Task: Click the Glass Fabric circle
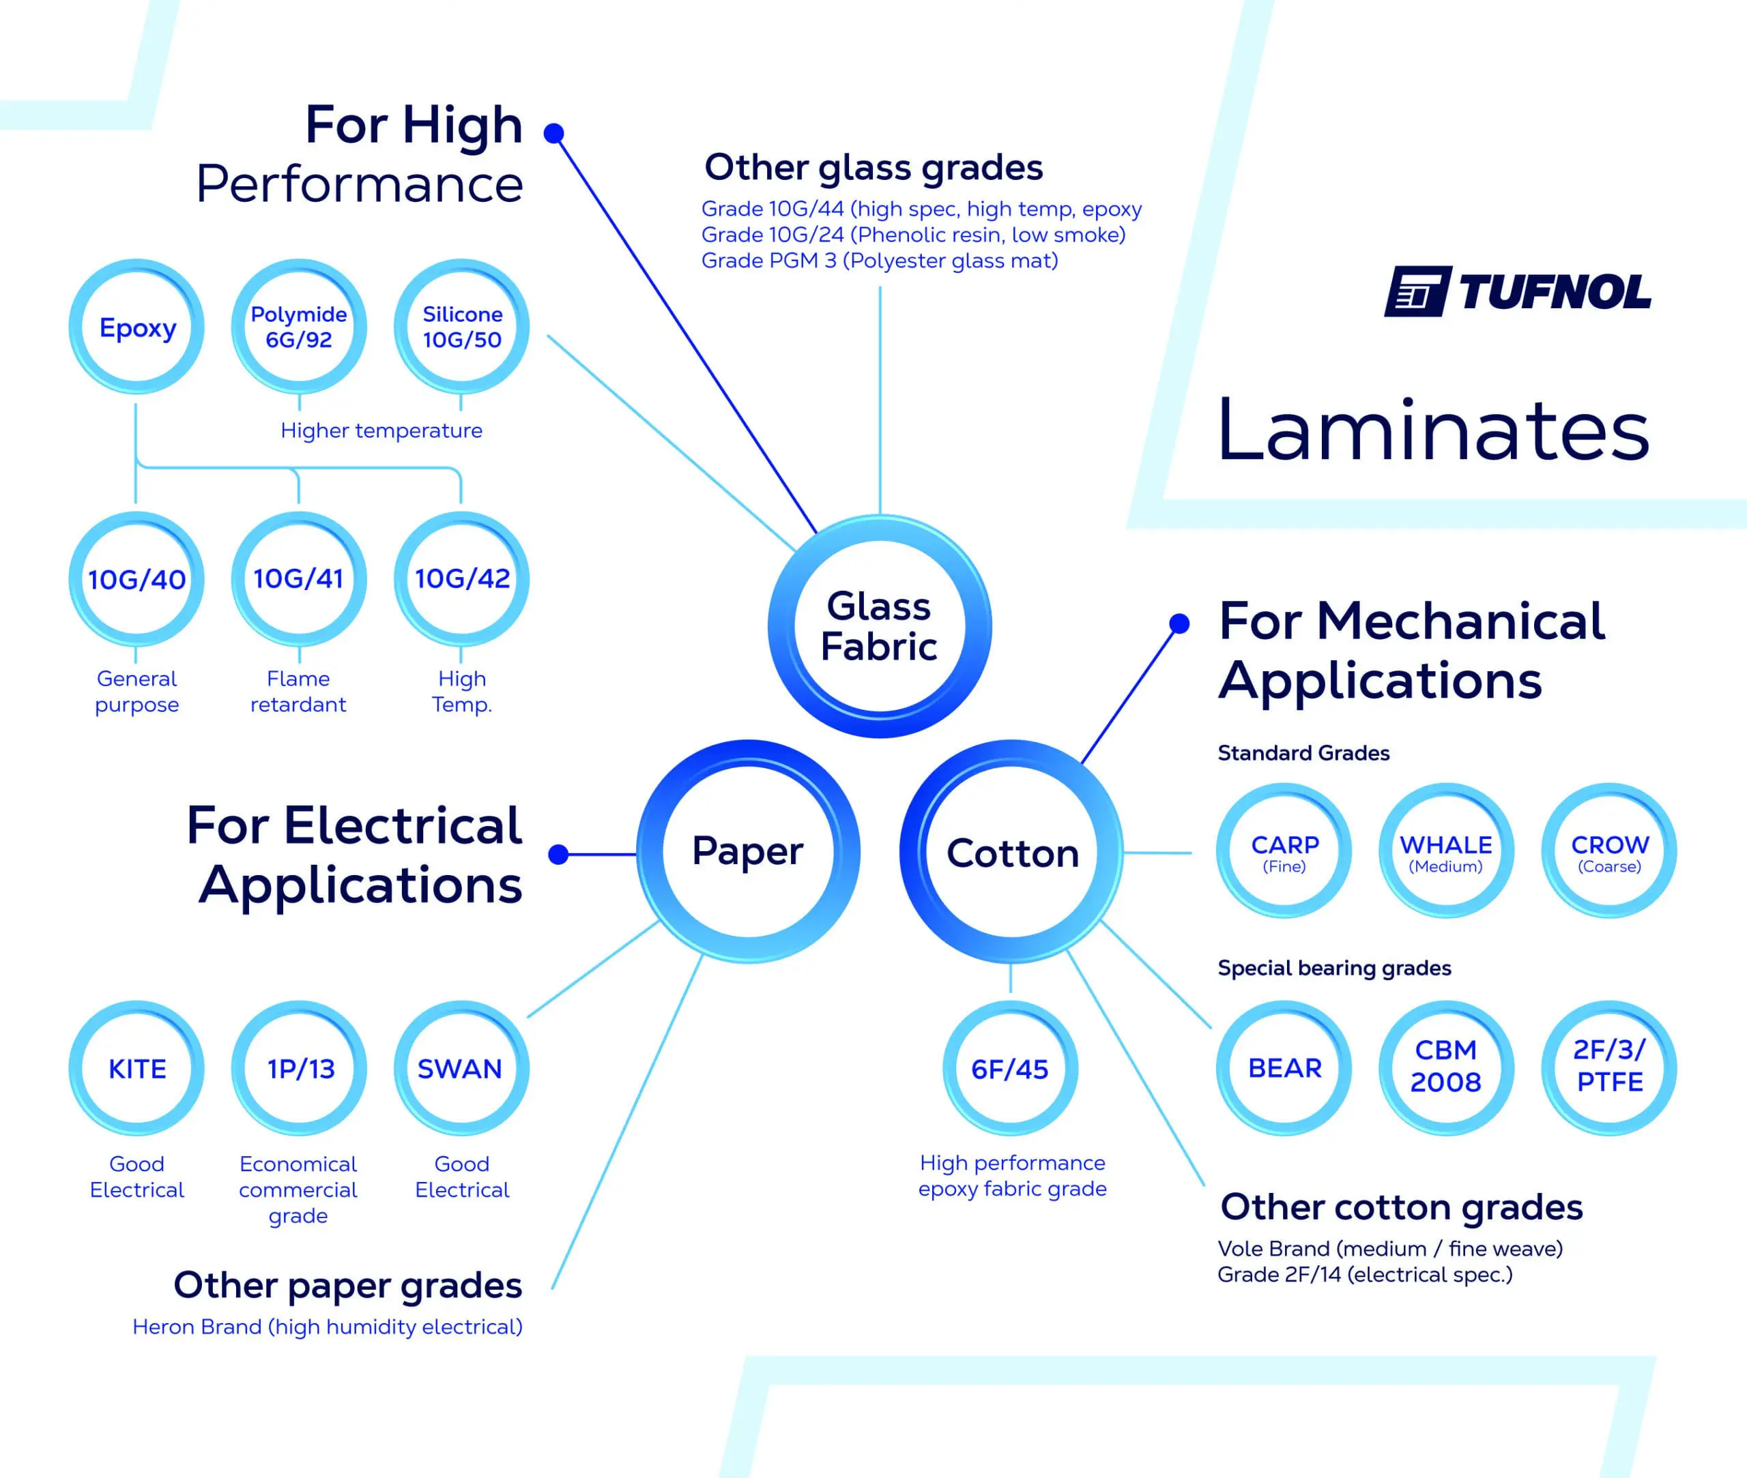click(x=880, y=626)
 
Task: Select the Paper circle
click(x=748, y=851)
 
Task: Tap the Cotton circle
click(x=1012, y=852)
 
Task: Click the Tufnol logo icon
click(x=1416, y=292)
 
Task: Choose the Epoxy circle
click(x=136, y=327)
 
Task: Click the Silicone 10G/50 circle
click(x=461, y=327)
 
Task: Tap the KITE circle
click(x=136, y=1068)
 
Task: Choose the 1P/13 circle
click(x=300, y=1068)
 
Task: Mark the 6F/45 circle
click(x=1010, y=1068)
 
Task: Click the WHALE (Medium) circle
click(x=1446, y=851)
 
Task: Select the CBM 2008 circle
click(x=1446, y=1067)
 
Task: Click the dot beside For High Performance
click(x=553, y=133)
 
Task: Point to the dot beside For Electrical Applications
click(x=558, y=855)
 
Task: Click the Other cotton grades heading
click(x=1401, y=1207)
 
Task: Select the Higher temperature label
click(x=381, y=430)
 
